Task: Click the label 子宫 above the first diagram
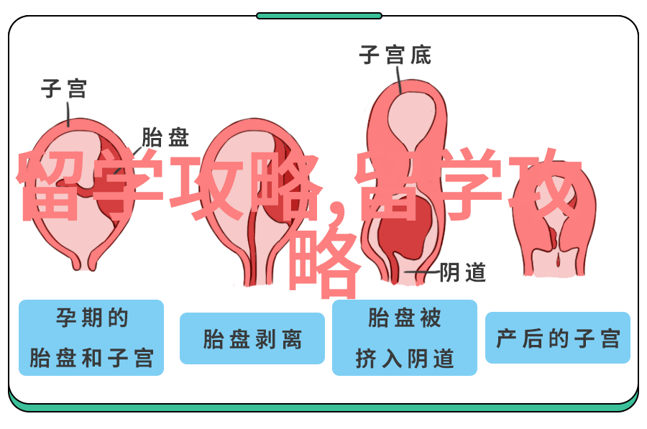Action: pyautogui.click(x=64, y=88)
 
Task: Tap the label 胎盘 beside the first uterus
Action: pyautogui.click(x=165, y=137)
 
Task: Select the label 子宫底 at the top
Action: pyautogui.click(x=395, y=55)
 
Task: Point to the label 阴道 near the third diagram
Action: pyautogui.click(x=462, y=272)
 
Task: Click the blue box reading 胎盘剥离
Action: pyautogui.click(x=252, y=338)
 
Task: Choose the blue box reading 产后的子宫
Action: pyautogui.click(x=558, y=338)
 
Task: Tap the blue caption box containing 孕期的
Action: pyautogui.click(x=91, y=338)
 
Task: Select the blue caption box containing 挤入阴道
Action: pyautogui.click(x=405, y=338)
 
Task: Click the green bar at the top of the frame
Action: pyautogui.click(x=319, y=16)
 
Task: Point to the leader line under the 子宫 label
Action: pyautogui.click(x=68, y=114)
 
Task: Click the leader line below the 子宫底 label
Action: pyautogui.click(x=399, y=80)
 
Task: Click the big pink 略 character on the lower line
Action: pyautogui.click(x=323, y=263)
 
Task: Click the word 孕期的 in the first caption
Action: pyautogui.click(x=92, y=318)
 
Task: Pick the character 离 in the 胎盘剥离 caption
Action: pyautogui.click(x=292, y=339)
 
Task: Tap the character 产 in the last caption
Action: pyautogui.click(x=506, y=338)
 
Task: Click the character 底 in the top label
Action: pyautogui.click(x=421, y=55)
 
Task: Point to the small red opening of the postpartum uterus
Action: pyautogui.click(x=559, y=260)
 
